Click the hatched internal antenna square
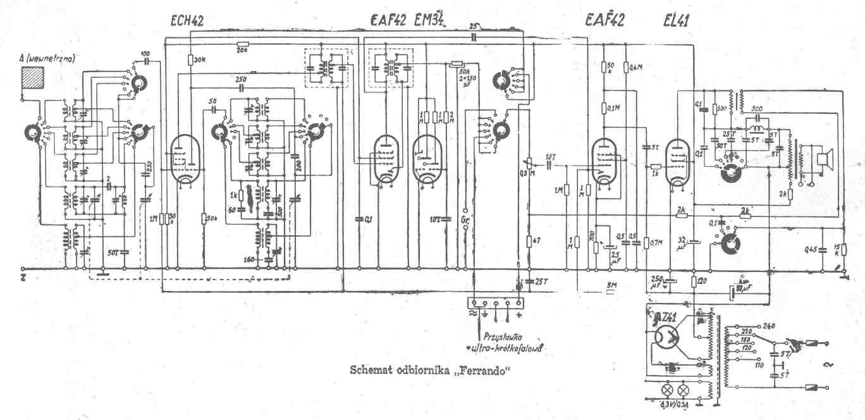click(32, 78)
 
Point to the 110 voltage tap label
click(759, 366)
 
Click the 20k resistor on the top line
click(242, 45)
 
